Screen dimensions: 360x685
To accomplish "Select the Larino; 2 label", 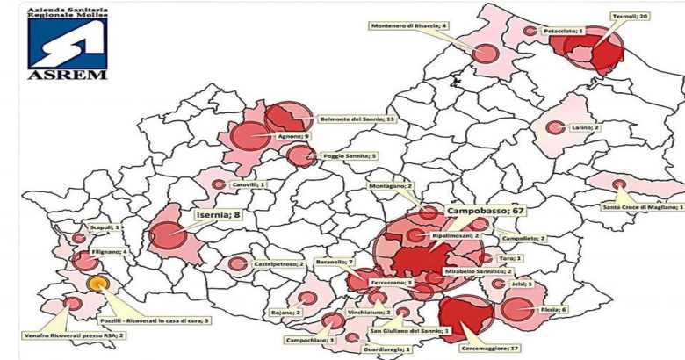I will (x=585, y=127).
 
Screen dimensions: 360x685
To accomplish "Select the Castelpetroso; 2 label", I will (x=278, y=263).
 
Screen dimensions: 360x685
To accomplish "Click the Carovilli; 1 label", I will (x=249, y=184).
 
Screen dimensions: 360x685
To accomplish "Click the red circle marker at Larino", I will (x=554, y=127).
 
